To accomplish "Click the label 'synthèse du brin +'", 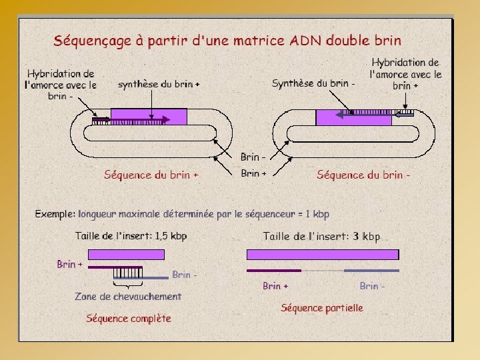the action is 159,85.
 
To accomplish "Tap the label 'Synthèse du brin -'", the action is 313,83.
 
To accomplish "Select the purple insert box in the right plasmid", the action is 353,118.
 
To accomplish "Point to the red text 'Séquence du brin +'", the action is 151,175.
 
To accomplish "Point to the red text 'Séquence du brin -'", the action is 363,175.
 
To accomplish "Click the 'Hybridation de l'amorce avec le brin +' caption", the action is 405,74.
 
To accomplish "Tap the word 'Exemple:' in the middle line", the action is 55,215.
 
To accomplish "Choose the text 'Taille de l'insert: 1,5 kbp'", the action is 131,235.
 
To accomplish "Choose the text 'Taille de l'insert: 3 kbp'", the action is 321,236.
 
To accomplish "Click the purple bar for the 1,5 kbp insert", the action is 126,254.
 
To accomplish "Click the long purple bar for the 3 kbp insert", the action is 323,254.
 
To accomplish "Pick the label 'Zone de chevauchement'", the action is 128,296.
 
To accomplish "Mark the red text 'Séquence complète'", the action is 129,318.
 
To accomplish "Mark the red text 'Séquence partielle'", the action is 322,307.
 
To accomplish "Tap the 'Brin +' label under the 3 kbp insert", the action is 275,285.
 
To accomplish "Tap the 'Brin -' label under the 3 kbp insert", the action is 372,285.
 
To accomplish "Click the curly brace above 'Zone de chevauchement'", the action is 127,285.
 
